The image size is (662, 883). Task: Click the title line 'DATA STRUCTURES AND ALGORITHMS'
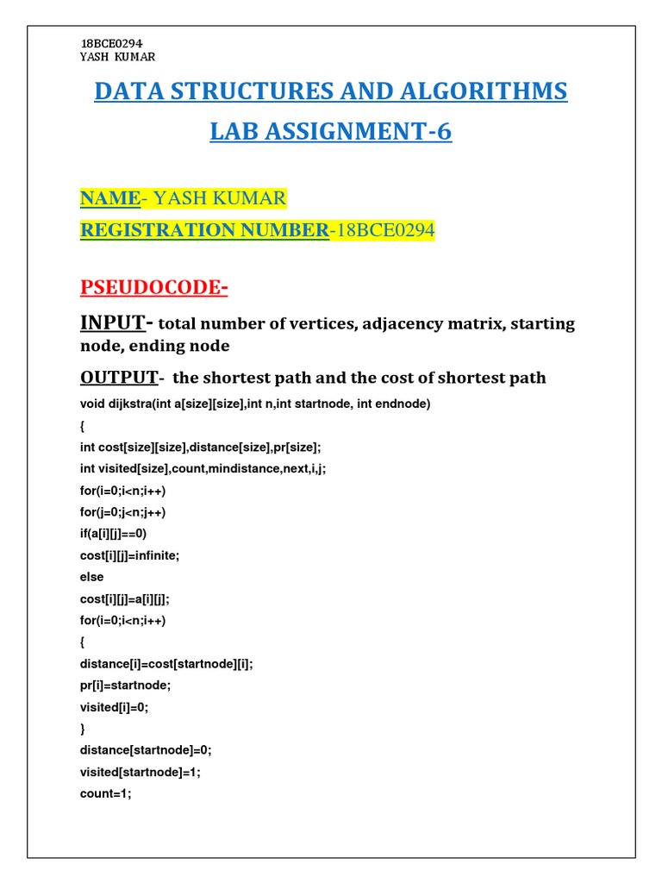[331, 91]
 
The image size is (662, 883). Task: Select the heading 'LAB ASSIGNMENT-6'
[331, 132]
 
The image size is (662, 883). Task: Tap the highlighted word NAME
[110, 199]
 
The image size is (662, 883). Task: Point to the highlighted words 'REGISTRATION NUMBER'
[204, 230]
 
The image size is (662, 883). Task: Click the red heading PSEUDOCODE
[153, 287]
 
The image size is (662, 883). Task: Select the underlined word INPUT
[112, 323]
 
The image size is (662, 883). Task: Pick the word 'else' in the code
[91, 577]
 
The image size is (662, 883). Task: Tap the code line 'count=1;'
[106, 793]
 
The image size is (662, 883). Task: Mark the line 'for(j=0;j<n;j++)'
[122, 512]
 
